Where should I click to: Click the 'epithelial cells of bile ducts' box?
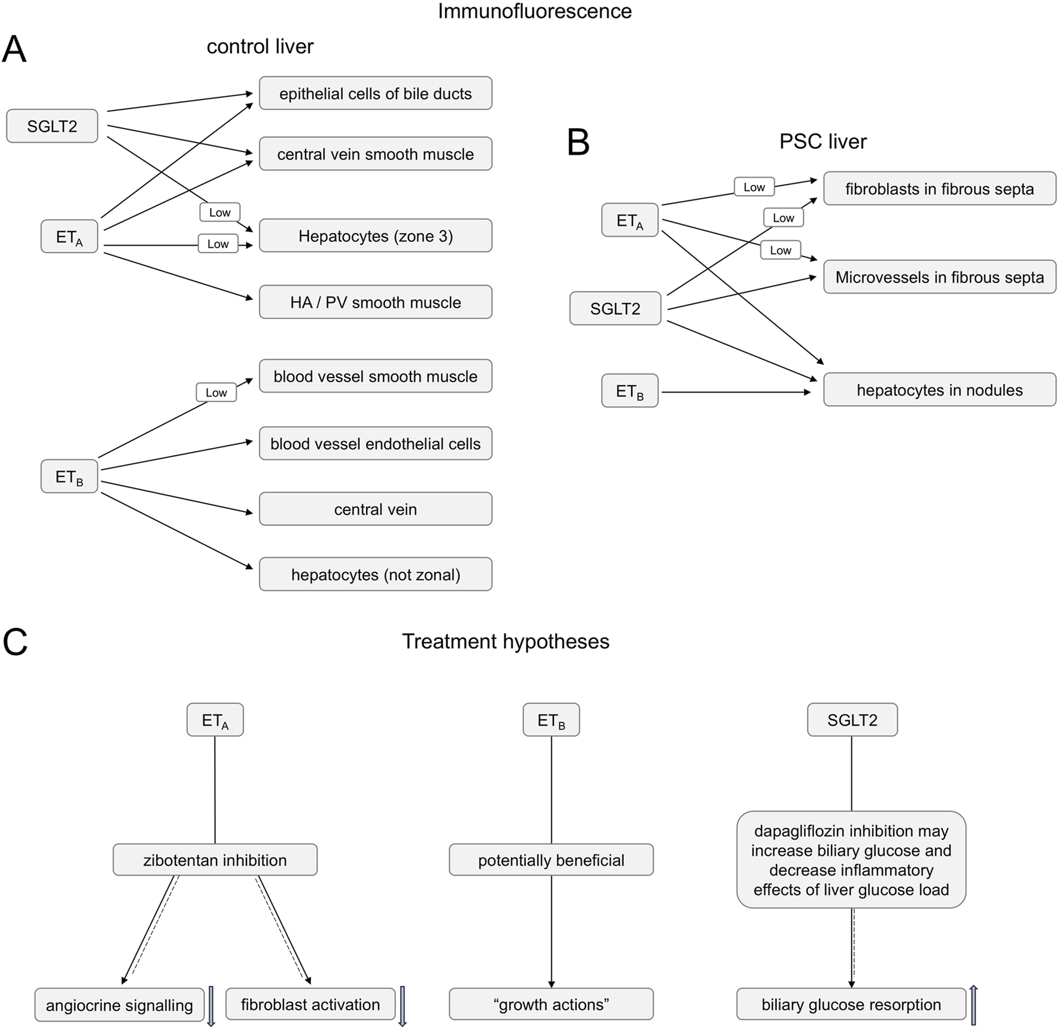(x=375, y=93)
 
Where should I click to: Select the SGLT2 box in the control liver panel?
(x=52, y=126)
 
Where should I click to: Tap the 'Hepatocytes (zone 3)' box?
(x=375, y=236)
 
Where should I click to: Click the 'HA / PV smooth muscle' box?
(x=375, y=302)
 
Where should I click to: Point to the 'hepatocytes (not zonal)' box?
(x=375, y=575)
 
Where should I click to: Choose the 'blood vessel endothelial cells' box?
(x=375, y=444)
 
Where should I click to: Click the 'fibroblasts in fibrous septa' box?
(x=939, y=189)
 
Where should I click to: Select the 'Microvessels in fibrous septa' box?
(x=939, y=277)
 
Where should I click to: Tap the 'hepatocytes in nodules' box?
(x=939, y=390)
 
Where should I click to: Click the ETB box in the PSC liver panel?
(x=629, y=391)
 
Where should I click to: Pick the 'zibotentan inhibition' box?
(x=215, y=860)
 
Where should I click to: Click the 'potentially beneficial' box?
(x=551, y=860)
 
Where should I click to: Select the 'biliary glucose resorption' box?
(x=851, y=1004)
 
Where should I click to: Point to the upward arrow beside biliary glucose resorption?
(x=973, y=1004)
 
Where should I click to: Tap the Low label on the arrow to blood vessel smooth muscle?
(x=216, y=393)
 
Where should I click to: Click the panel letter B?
(x=578, y=143)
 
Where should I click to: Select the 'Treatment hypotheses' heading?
(x=505, y=641)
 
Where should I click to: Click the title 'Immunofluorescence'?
(x=534, y=11)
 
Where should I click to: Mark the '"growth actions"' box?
(x=551, y=1004)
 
